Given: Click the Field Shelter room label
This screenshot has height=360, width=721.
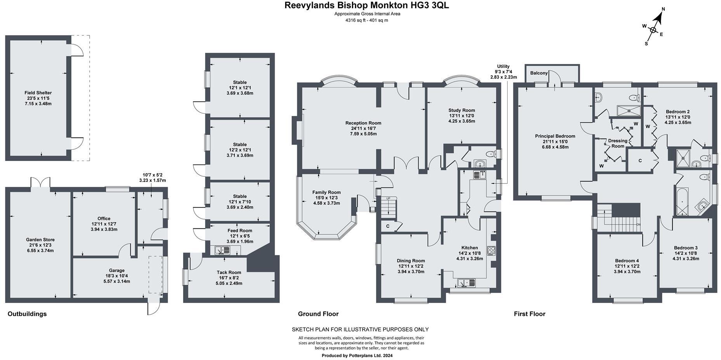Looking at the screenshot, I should coord(38,93).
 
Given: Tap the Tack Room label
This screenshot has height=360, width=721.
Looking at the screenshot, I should coord(229,273).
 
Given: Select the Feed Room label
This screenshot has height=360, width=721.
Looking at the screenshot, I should coord(240,231).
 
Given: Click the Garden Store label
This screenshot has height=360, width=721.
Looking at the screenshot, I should coord(40,240).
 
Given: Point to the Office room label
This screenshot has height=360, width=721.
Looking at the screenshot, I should coord(104,219).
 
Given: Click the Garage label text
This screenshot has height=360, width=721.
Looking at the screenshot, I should coord(117,271).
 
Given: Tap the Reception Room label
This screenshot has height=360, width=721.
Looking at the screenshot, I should coord(363,123).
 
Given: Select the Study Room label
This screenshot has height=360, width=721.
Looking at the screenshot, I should coord(462,111).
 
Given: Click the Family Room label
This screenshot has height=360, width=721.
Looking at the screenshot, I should coord(326,192).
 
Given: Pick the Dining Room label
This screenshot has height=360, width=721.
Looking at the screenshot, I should coord(411,261).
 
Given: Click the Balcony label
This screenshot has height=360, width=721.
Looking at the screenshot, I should coord(539,73).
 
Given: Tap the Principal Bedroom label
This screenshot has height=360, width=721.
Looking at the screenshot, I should coord(555,136).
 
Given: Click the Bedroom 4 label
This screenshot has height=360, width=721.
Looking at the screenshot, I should coord(627,261).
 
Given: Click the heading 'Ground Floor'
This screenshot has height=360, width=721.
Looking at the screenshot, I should coord(318,314).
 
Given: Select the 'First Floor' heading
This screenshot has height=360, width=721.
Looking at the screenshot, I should coord(529,314).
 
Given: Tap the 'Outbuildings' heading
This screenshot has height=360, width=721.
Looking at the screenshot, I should coord(27,314).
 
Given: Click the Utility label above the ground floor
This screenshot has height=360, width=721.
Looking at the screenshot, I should coord(503,66).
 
